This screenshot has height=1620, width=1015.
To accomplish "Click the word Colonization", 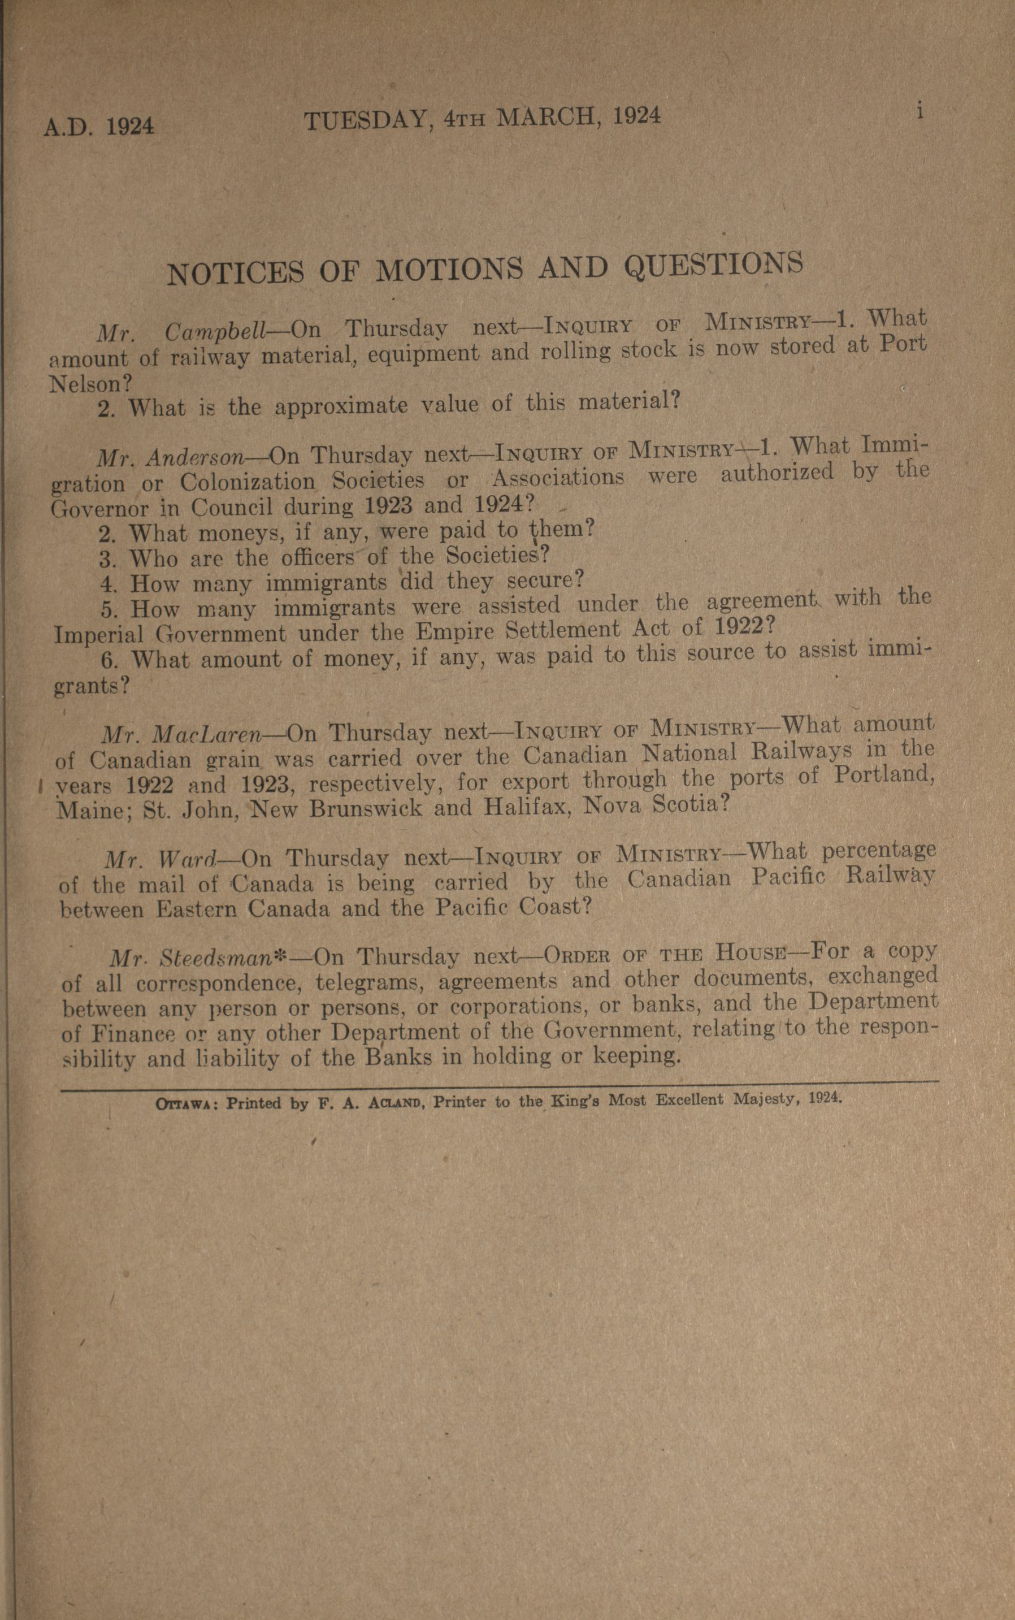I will click(248, 482).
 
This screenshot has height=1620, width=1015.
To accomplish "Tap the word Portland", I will click(885, 776).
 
